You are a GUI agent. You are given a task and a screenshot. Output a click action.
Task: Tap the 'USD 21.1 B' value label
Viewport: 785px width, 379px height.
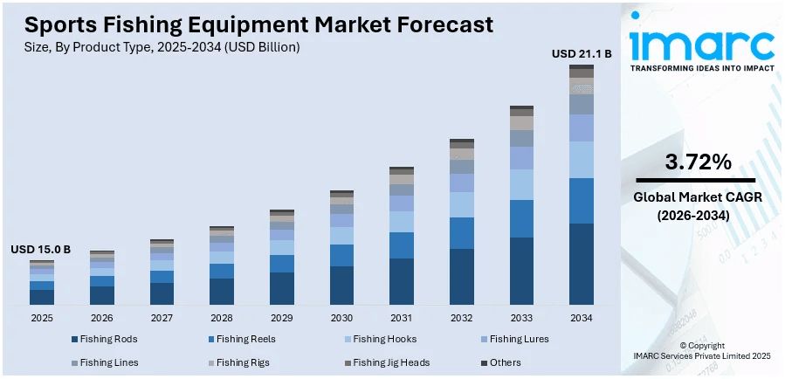582,53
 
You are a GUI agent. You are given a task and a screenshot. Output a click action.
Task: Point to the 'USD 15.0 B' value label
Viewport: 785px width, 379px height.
41,249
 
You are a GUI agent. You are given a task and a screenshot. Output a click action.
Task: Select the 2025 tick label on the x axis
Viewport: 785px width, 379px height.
41,317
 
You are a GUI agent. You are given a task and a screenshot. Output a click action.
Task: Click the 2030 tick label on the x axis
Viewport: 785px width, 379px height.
341,317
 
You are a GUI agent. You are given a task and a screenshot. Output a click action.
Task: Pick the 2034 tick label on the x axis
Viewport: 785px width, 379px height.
582,317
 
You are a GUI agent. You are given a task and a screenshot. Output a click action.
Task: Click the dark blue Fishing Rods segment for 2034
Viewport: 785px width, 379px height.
582,264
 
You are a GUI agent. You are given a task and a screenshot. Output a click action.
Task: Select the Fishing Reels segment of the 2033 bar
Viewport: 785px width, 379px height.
521,218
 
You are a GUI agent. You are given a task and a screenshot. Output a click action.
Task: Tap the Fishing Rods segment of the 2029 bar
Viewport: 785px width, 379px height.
281,288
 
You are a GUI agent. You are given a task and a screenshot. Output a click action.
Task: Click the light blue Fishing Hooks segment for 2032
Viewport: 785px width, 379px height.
461,204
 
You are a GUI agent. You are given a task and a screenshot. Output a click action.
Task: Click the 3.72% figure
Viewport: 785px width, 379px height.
698,161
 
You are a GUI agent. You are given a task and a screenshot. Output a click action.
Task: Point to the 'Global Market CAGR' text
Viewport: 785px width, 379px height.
698,197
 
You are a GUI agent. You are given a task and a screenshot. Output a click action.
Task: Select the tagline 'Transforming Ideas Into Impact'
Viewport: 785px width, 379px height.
701,68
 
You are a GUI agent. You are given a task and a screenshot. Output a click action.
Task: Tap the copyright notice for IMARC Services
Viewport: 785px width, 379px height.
701,351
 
